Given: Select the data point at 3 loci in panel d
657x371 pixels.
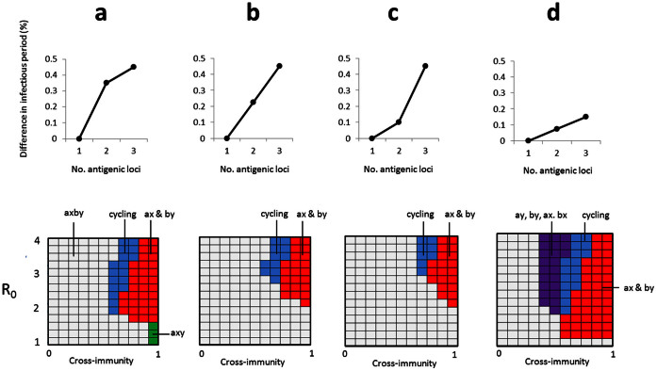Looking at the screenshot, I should [579, 117].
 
